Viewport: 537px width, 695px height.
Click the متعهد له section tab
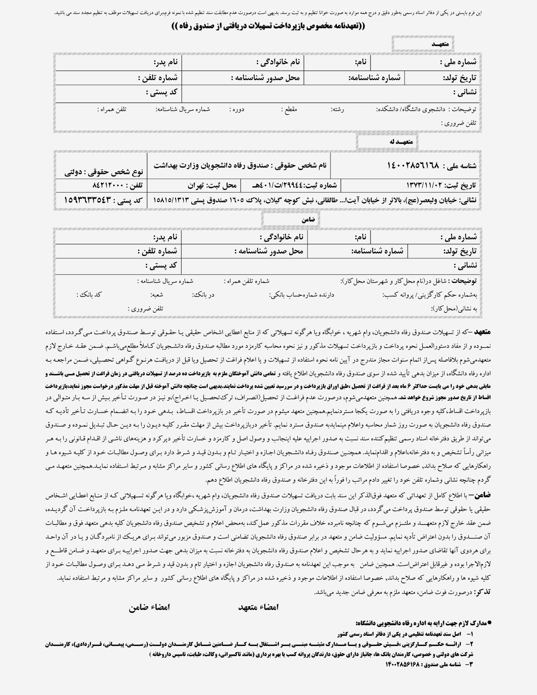tap(387, 142)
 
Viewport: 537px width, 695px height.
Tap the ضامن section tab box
tap(290, 219)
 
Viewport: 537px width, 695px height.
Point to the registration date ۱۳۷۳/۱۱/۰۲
tap(424, 185)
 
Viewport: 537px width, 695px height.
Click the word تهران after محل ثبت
tap(195, 185)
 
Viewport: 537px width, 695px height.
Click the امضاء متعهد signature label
tap(258, 607)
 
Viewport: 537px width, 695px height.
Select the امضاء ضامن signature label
tap(149, 607)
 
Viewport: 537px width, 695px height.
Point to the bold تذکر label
tap(483, 592)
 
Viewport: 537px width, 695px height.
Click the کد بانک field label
tap(89, 294)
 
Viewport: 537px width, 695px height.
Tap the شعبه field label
tap(157, 294)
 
